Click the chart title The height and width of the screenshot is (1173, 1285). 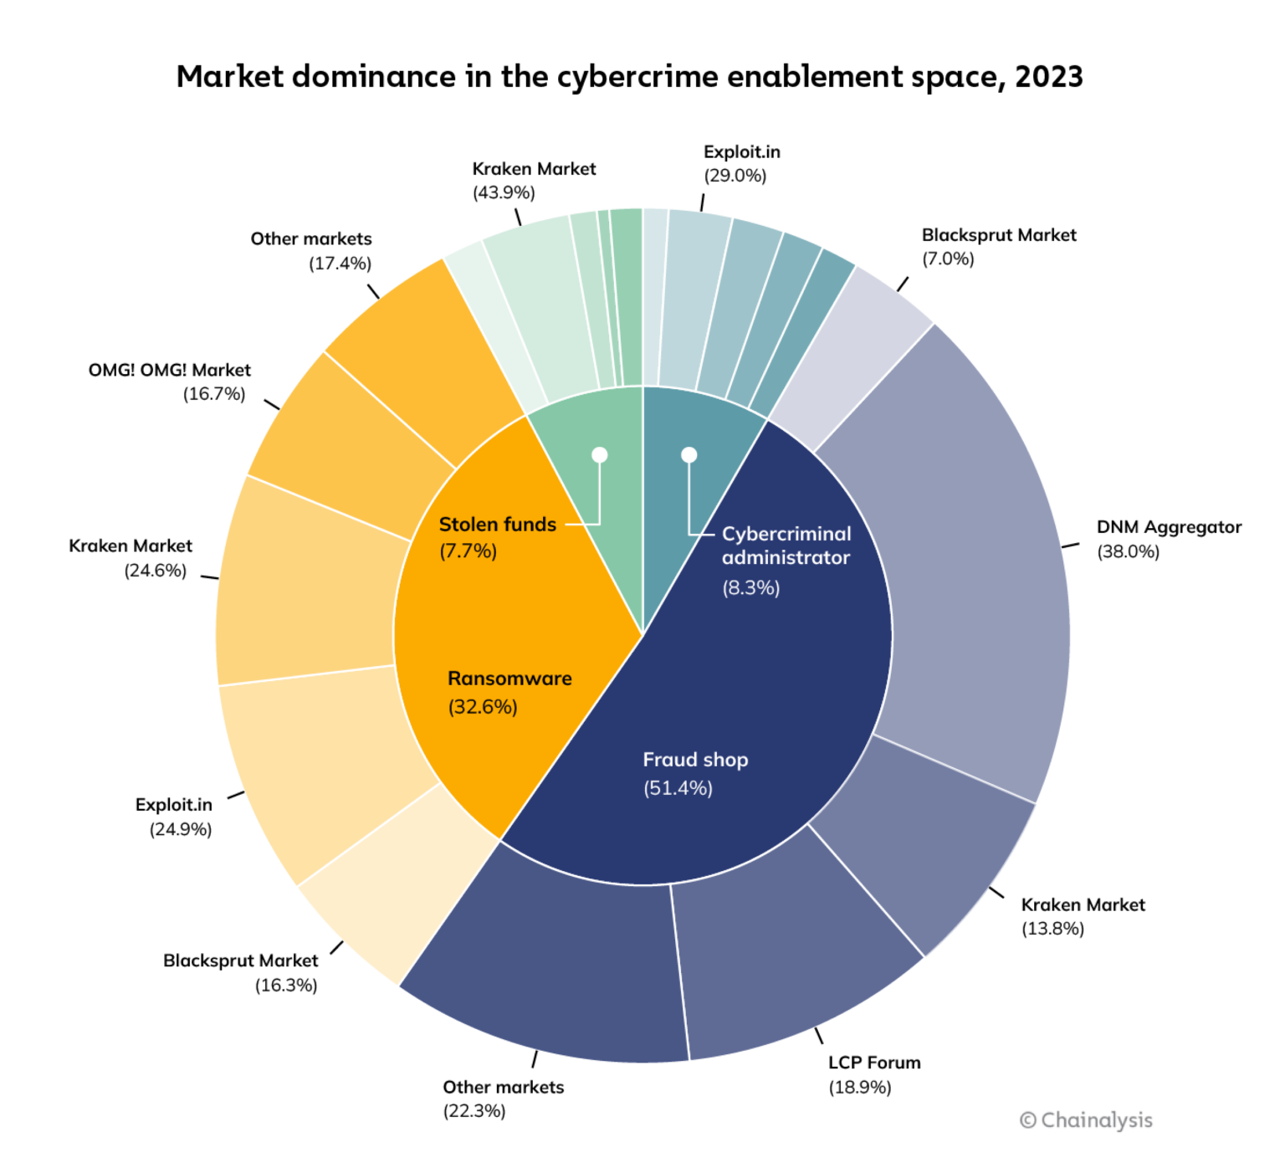tap(629, 77)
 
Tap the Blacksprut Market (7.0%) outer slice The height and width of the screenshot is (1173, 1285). tap(853, 351)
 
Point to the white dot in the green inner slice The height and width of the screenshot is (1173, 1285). tap(600, 455)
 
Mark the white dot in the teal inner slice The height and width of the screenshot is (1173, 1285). tap(689, 455)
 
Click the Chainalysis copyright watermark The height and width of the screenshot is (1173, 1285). tap(1086, 1120)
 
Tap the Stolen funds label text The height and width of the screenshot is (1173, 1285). tap(498, 525)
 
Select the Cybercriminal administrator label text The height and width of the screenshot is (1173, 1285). tap(786, 546)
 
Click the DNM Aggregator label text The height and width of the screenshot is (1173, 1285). tap(1169, 527)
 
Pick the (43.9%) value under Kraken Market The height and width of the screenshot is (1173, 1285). tap(504, 192)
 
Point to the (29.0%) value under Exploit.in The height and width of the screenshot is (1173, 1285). tap(735, 176)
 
